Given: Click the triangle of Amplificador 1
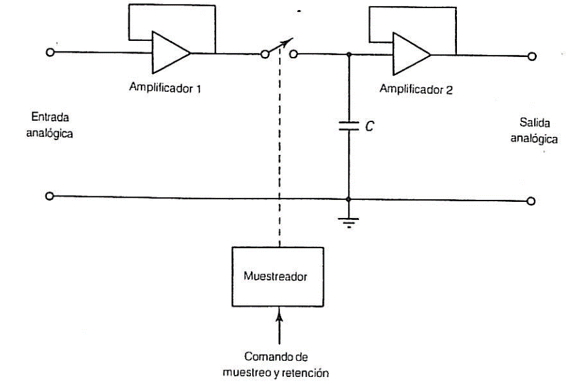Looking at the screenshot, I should click(x=170, y=52).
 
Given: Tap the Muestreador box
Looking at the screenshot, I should click(x=278, y=275).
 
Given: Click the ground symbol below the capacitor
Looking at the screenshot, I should click(x=348, y=221).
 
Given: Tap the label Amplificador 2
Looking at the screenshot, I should click(x=416, y=89).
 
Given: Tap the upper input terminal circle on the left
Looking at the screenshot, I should click(x=49, y=52).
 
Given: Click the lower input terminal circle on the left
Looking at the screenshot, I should click(x=49, y=196).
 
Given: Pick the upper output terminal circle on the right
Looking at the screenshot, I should click(x=532, y=56).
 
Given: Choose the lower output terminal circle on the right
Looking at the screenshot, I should click(x=531, y=201).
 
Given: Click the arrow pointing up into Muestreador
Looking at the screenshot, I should click(x=278, y=319).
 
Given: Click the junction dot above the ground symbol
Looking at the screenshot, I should click(x=348, y=199).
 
